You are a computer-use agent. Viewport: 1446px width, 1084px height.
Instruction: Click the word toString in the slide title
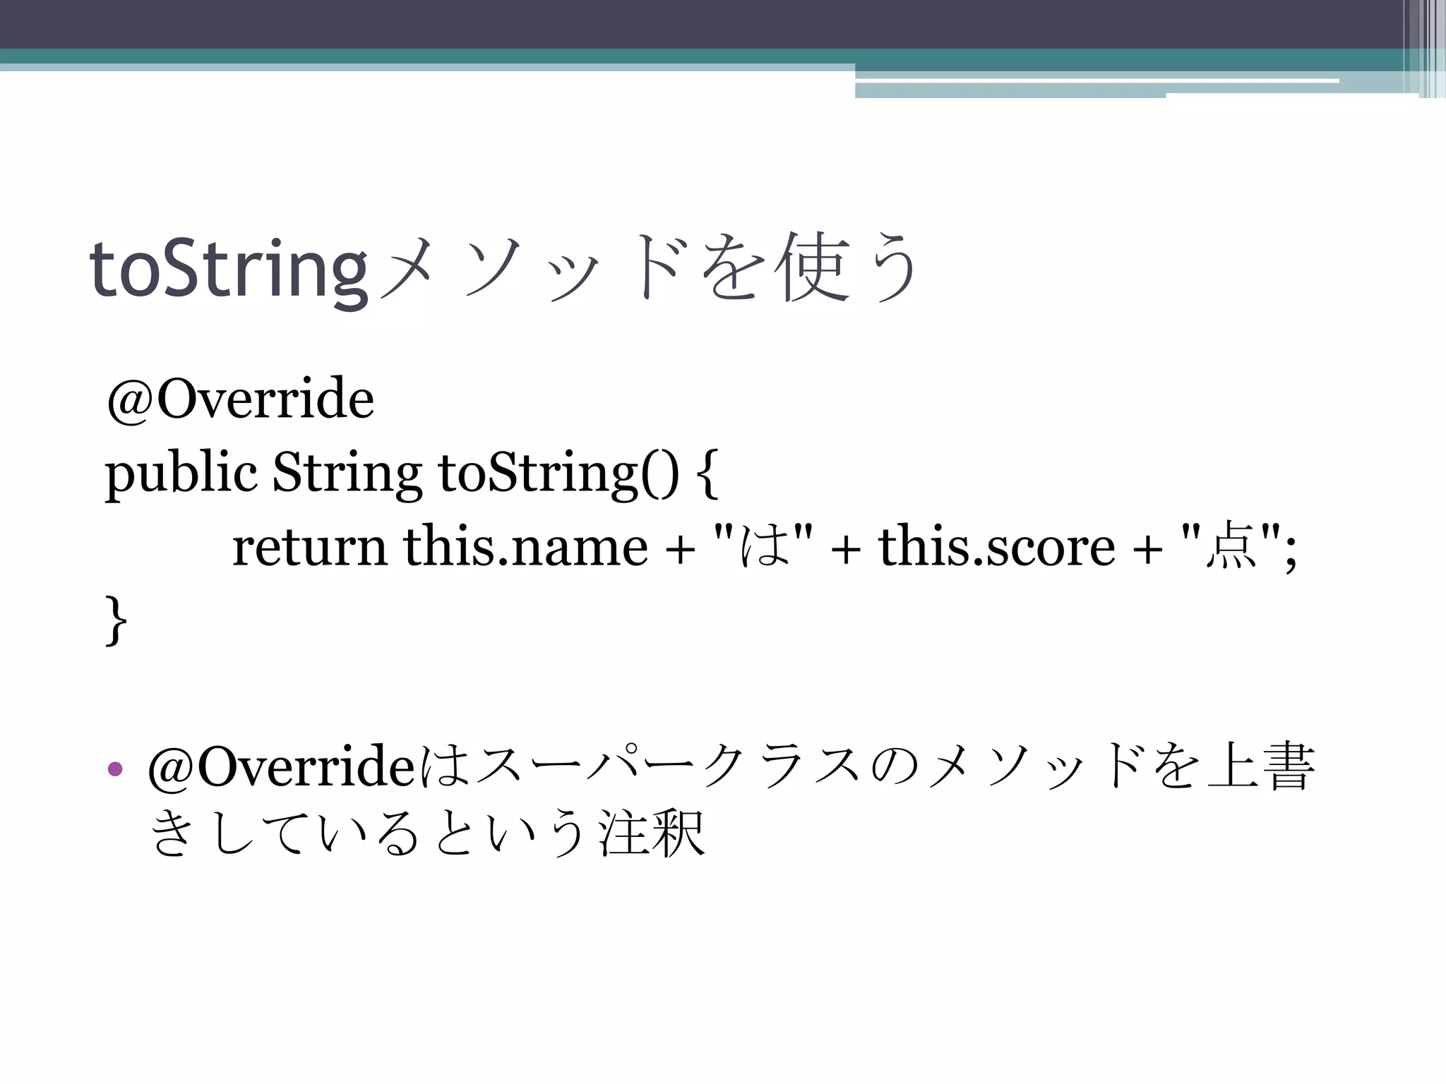point(228,269)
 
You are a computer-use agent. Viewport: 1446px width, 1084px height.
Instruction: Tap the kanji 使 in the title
point(812,267)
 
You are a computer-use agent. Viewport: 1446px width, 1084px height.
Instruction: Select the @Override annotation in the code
point(240,399)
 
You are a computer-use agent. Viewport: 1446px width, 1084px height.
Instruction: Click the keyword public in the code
point(181,473)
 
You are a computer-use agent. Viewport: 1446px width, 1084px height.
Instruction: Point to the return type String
point(347,473)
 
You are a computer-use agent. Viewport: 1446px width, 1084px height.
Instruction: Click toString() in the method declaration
point(558,473)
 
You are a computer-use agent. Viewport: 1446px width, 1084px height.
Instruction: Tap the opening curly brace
point(708,474)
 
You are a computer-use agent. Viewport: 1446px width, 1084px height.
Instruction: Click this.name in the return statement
point(525,547)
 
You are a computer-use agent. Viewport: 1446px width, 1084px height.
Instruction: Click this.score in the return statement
point(996,547)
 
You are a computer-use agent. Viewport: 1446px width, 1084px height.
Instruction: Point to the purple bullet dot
point(115,769)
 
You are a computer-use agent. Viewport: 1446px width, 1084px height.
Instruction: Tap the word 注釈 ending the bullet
point(651,833)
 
